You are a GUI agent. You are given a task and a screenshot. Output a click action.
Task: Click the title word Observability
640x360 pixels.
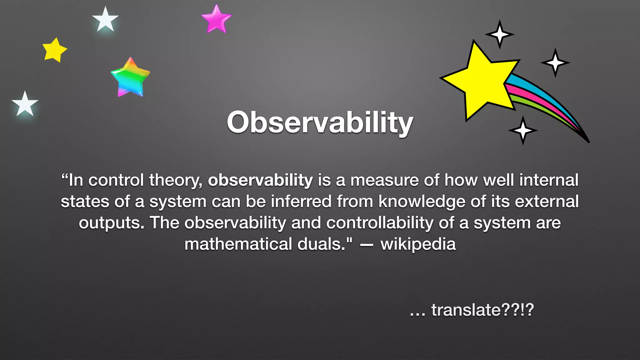pos(320,122)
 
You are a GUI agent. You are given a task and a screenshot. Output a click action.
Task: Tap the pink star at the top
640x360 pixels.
pos(216,19)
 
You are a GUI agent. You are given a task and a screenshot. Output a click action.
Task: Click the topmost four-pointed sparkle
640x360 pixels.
pos(499,34)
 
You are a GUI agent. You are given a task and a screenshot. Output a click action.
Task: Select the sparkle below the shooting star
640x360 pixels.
pos(523,130)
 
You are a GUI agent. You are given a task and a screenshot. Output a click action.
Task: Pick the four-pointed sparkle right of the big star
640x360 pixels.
pos(555,62)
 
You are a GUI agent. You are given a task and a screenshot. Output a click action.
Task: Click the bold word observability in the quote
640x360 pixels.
pos(260,180)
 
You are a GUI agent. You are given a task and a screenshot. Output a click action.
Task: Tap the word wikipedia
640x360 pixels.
pos(418,244)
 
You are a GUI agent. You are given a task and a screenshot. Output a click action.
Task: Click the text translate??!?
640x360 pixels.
pos(482,310)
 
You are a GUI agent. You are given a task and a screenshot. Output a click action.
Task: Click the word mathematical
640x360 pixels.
pos(238,244)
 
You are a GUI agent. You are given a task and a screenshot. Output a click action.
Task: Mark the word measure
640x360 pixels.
pos(384,180)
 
